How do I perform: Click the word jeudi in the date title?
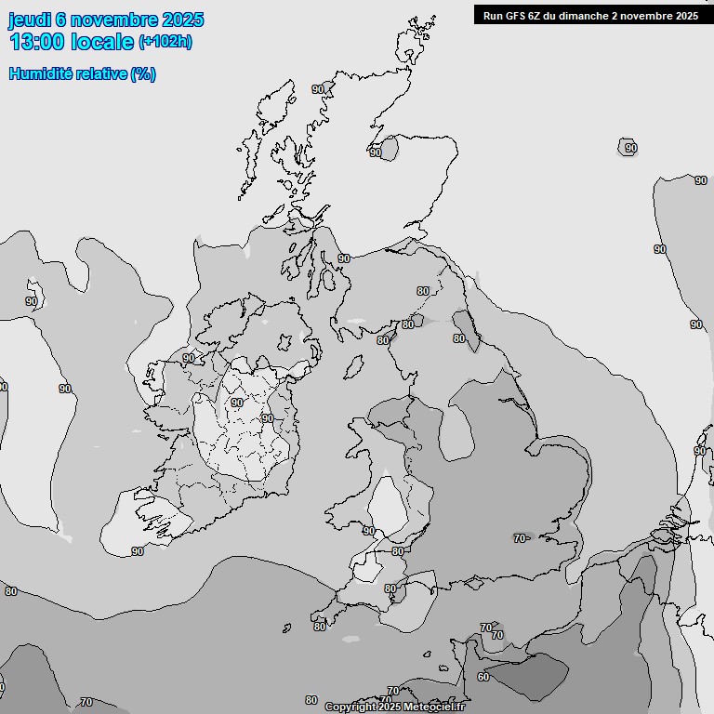tap(30, 20)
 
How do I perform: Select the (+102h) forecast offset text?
tap(165, 42)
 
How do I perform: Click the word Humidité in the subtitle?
tap(42, 73)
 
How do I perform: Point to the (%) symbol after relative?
tap(143, 73)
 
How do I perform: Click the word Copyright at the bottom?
tap(350, 707)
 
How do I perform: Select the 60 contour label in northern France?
tap(483, 677)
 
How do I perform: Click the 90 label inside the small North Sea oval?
tap(630, 148)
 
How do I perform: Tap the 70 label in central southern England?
tap(520, 537)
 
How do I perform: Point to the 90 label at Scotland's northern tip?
tap(318, 89)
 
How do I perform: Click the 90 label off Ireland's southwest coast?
tap(138, 551)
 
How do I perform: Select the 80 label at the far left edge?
tap(10, 591)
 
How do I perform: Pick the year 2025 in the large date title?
tap(182, 20)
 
